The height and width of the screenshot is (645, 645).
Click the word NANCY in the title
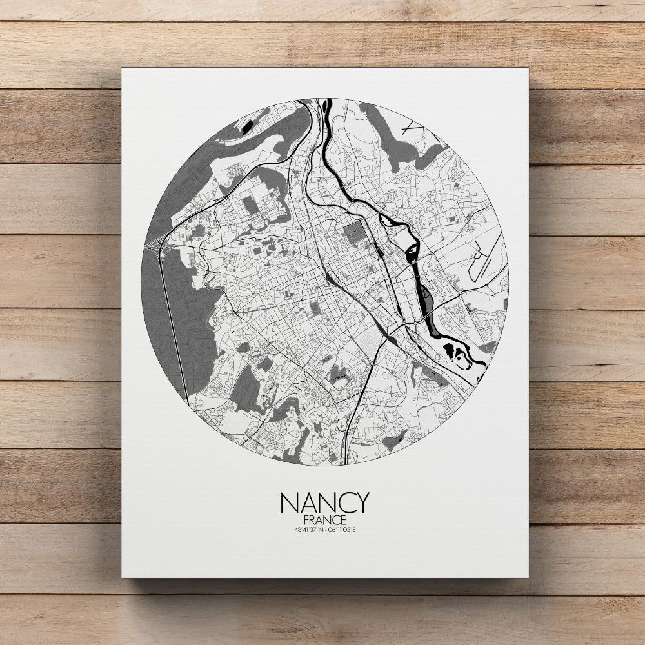tap(324, 502)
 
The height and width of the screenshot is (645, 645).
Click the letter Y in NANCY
tap(362, 502)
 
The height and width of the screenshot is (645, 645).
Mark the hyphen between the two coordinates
tap(325, 530)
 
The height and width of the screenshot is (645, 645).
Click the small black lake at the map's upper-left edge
tap(247, 126)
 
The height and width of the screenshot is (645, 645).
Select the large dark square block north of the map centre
tap(353, 232)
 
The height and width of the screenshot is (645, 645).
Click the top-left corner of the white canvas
tap(123, 69)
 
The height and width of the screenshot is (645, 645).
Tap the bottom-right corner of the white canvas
tap(528, 576)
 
